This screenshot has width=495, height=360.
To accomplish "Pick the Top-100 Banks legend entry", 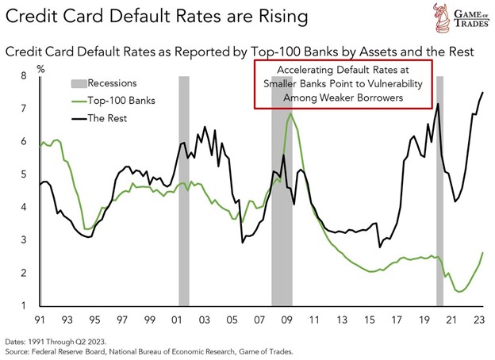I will click(119, 101).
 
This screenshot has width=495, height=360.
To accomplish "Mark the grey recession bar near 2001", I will click(183, 190).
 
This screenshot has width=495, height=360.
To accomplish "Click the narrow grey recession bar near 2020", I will click(439, 190).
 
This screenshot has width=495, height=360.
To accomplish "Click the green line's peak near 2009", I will click(291, 113).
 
